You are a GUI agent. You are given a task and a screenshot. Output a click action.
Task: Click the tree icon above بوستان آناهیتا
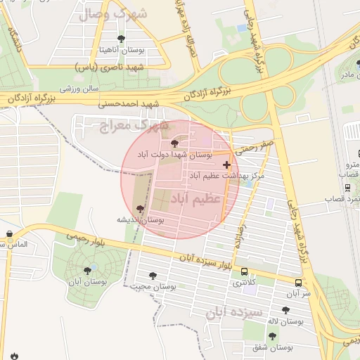(122, 39)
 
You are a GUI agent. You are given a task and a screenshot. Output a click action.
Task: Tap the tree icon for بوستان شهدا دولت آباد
(175, 143)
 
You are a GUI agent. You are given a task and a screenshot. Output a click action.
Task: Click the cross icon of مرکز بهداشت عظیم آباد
(226, 165)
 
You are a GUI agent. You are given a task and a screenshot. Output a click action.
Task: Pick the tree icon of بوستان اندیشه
(140, 209)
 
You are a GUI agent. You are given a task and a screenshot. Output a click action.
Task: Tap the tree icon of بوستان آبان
(87, 269)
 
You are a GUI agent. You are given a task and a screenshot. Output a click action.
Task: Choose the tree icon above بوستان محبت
(153, 276)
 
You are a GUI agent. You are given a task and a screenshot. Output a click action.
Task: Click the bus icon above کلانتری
(244, 271)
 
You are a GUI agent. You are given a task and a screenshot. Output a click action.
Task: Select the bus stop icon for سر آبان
(299, 283)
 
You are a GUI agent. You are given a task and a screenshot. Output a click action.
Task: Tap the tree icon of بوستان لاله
(285, 310)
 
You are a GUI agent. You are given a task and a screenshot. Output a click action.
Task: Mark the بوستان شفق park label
(275, 347)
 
